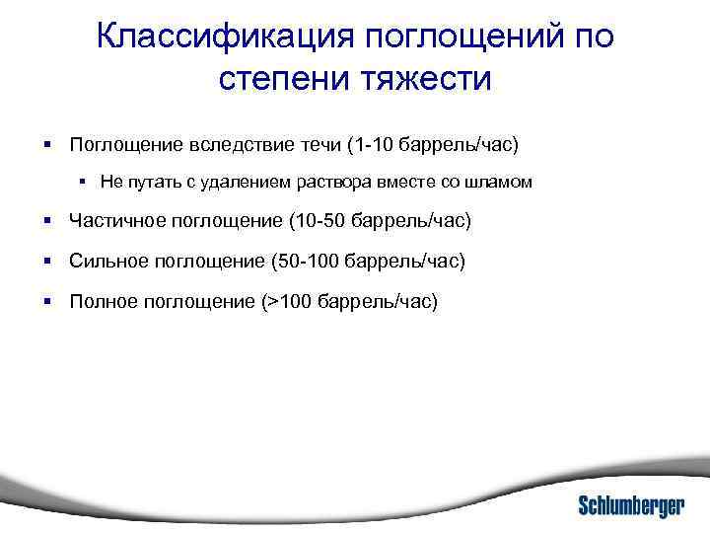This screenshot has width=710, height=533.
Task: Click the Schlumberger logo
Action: coord(630,503)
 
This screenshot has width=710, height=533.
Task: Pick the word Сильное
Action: coord(106,261)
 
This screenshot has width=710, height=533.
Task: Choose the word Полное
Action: coord(99,301)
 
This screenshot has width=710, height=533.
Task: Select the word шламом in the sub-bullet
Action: coord(503,183)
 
